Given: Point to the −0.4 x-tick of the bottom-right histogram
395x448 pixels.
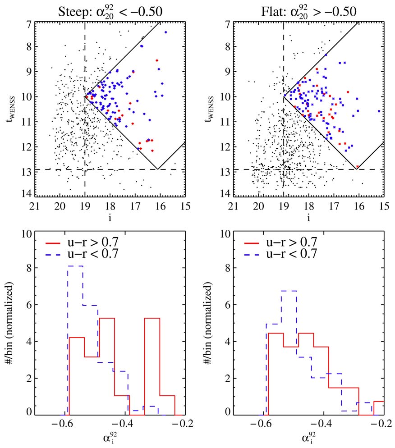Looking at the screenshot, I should point(322,424).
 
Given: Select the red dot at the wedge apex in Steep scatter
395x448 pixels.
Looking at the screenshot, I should point(86,96).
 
